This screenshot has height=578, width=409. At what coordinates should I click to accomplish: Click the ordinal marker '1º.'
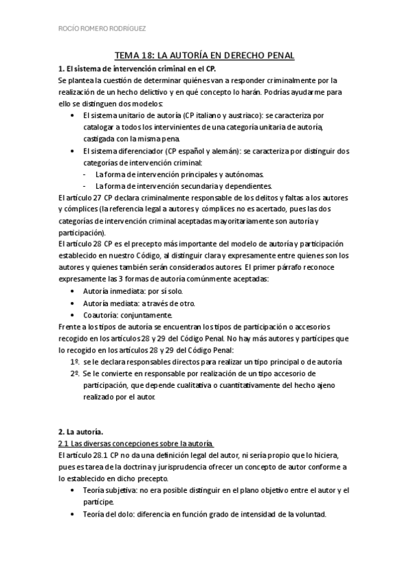[x=74, y=361]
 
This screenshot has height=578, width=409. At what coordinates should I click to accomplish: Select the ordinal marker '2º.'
[x=74, y=374]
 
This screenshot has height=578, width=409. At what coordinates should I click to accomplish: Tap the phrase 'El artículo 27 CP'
[x=89, y=198]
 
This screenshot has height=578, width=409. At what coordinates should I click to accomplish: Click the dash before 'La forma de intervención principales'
[x=83, y=174]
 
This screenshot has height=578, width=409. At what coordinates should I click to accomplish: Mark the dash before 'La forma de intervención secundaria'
[x=83, y=186]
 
